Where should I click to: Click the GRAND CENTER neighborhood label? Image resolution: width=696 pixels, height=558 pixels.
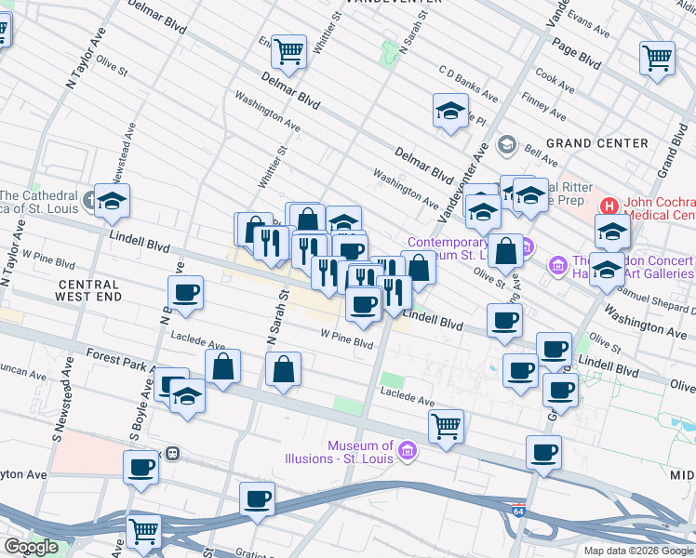[x=596, y=143]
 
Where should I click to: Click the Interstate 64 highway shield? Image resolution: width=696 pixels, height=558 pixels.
[x=518, y=511]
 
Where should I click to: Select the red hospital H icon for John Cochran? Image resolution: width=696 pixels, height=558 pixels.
[x=609, y=205]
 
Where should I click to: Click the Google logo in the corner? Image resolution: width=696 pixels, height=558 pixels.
[x=32, y=547]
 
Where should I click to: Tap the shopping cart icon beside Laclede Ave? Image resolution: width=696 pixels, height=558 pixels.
[x=447, y=426]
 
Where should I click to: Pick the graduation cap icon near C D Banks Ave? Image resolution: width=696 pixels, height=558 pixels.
[x=450, y=111]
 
